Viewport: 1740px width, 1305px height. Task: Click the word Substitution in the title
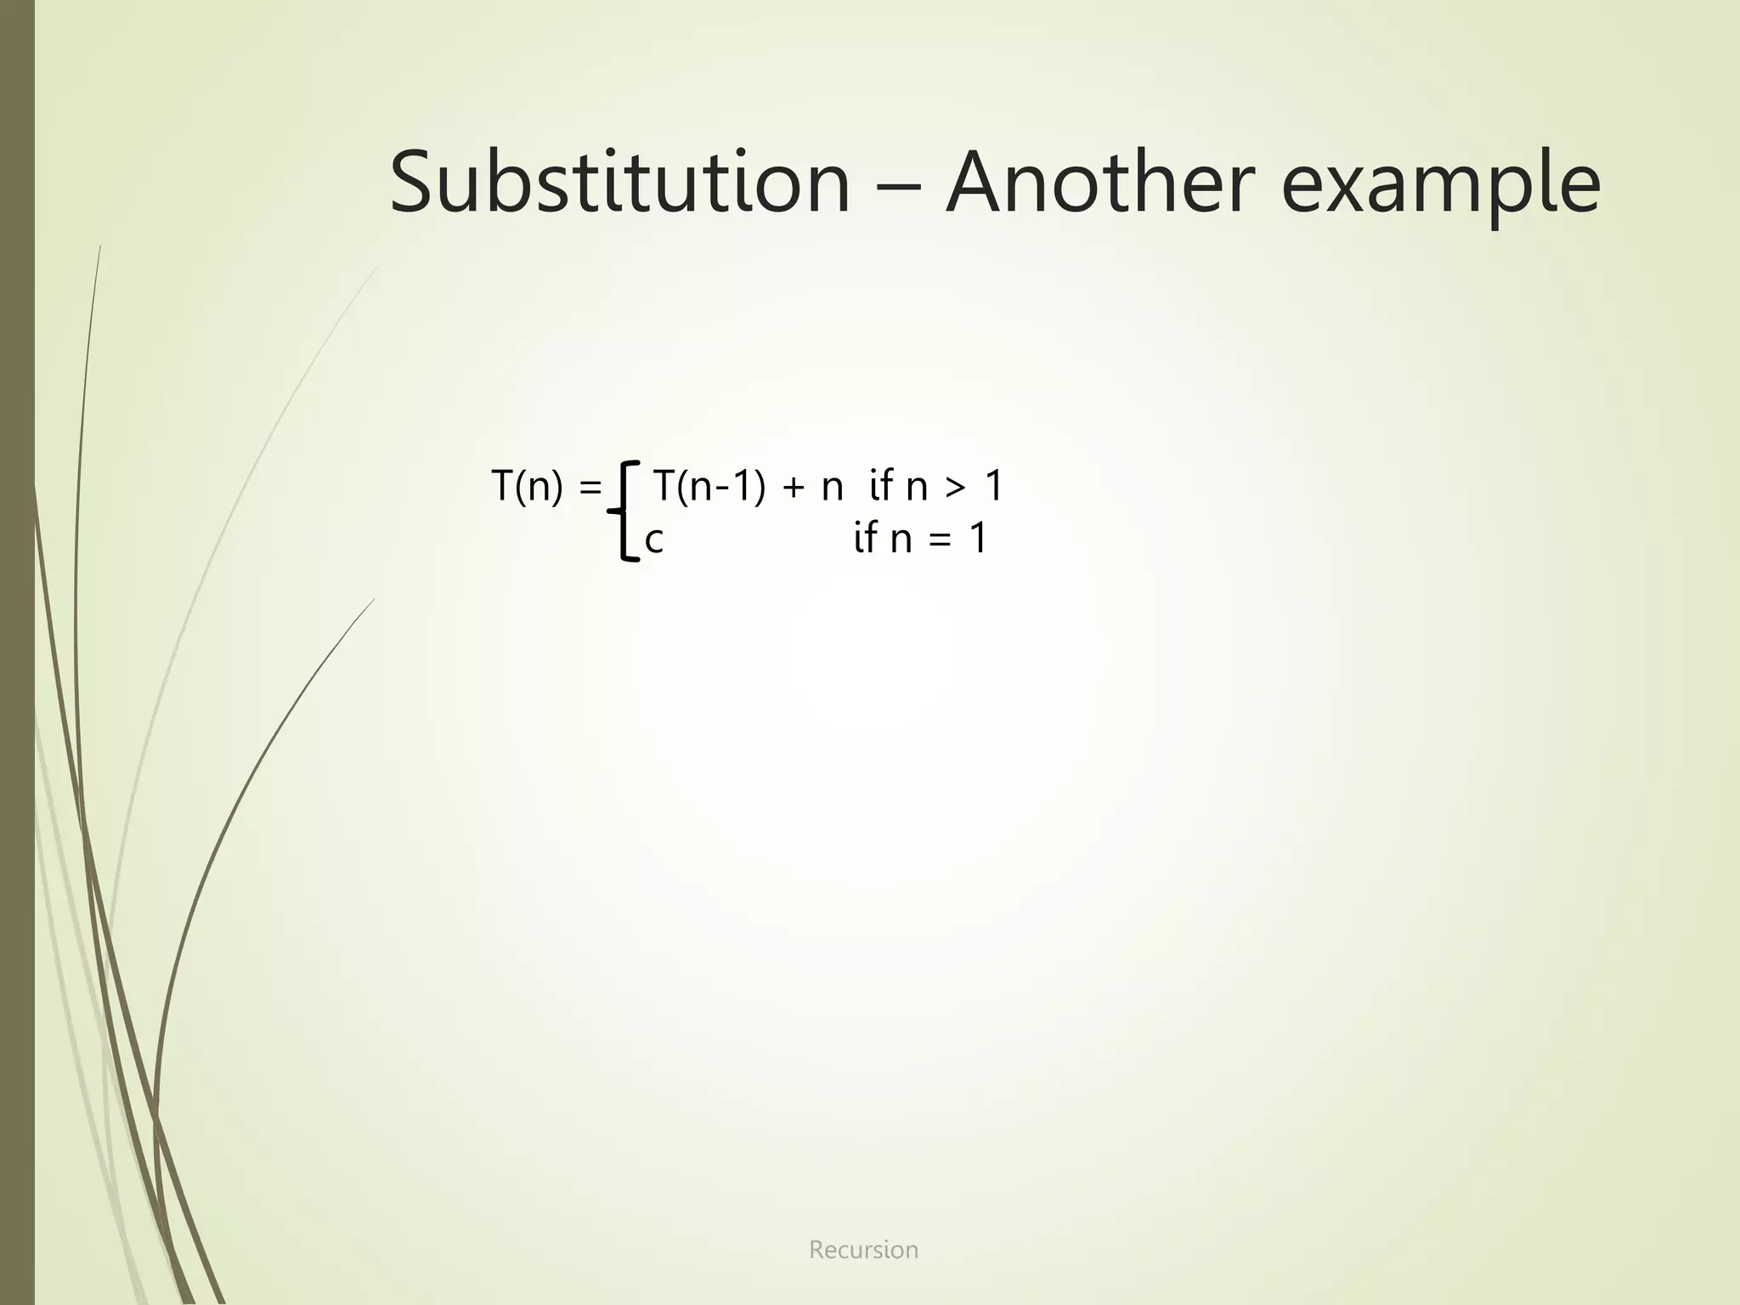click(x=619, y=183)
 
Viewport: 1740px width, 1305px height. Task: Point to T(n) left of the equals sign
click(x=527, y=488)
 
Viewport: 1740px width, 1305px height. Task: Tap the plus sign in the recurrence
click(x=792, y=489)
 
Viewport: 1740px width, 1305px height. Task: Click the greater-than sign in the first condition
click(x=955, y=489)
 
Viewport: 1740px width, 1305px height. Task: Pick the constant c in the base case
click(x=653, y=540)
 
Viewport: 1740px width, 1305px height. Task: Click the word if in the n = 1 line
click(x=865, y=539)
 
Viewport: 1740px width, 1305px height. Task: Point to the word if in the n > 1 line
click(x=881, y=488)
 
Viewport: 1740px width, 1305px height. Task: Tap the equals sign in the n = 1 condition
click(x=940, y=540)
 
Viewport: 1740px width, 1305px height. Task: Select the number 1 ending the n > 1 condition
click(x=993, y=488)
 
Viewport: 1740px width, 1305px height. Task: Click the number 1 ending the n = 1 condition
click(x=977, y=539)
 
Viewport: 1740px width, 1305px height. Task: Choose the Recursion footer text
click(x=863, y=1250)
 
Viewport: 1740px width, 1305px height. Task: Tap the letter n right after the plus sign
click(x=832, y=490)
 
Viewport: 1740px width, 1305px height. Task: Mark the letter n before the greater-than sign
click(x=917, y=490)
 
